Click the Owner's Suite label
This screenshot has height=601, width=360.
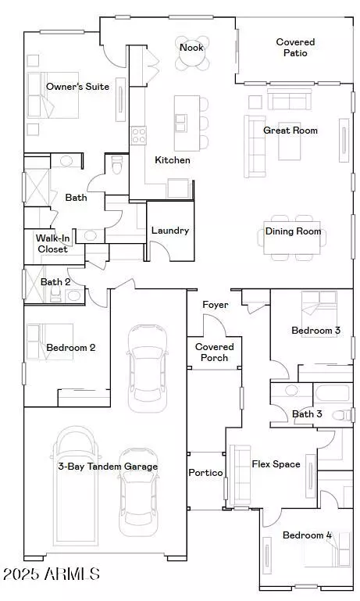click(77, 86)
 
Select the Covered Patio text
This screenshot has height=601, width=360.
click(295, 48)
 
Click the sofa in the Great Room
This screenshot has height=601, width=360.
click(254, 145)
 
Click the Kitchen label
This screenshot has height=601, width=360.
click(172, 160)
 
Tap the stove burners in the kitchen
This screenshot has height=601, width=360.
click(139, 135)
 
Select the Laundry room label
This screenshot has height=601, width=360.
click(169, 231)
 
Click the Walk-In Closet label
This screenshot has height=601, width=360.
click(52, 243)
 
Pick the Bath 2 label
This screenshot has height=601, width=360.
click(55, 282)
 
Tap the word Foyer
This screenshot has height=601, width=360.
click(215, 305)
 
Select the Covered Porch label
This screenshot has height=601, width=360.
click(214, 352)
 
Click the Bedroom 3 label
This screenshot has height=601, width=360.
click(315, 331)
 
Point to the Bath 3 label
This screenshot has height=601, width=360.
click(307, 414)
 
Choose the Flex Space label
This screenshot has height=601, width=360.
click(276, 464)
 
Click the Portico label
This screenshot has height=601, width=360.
click(206, 473)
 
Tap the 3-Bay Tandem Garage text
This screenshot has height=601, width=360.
click(108, 467)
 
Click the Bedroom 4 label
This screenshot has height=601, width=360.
click(307, 535)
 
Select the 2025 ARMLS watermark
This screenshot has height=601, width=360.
click(52, 574)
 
